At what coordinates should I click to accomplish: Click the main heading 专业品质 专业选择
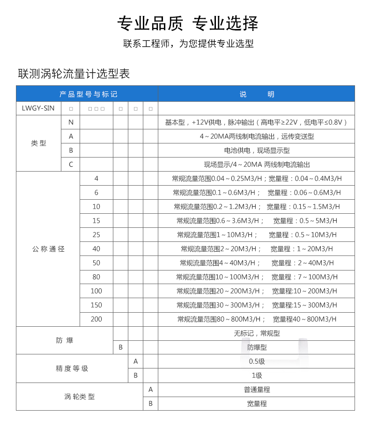click(187, 23)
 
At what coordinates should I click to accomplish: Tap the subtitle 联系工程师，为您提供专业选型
click(188, 44)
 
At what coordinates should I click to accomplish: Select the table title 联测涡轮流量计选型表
click(74, 74)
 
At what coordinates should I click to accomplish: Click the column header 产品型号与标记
click(88, 94)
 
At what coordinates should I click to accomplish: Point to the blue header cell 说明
click(257, 94)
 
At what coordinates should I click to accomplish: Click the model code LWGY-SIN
click(38, 108)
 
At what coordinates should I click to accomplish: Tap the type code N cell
click(71, 122)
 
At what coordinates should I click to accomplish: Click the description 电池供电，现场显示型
click(256, 150)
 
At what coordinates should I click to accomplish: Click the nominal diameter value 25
click(96, 235)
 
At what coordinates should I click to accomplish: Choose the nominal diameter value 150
click(96, 305)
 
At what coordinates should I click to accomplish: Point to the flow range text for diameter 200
click(256, 319)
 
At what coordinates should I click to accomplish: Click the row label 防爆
click(65, 340)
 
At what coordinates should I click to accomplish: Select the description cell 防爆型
click(256, 347)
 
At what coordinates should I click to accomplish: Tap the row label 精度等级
click(72, 368)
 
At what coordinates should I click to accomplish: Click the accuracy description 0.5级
click(256, 361)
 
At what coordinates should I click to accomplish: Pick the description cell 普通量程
click(256, 390)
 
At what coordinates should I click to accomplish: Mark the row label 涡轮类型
click(79, 397)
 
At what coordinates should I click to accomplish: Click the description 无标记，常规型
click(256, 333)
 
